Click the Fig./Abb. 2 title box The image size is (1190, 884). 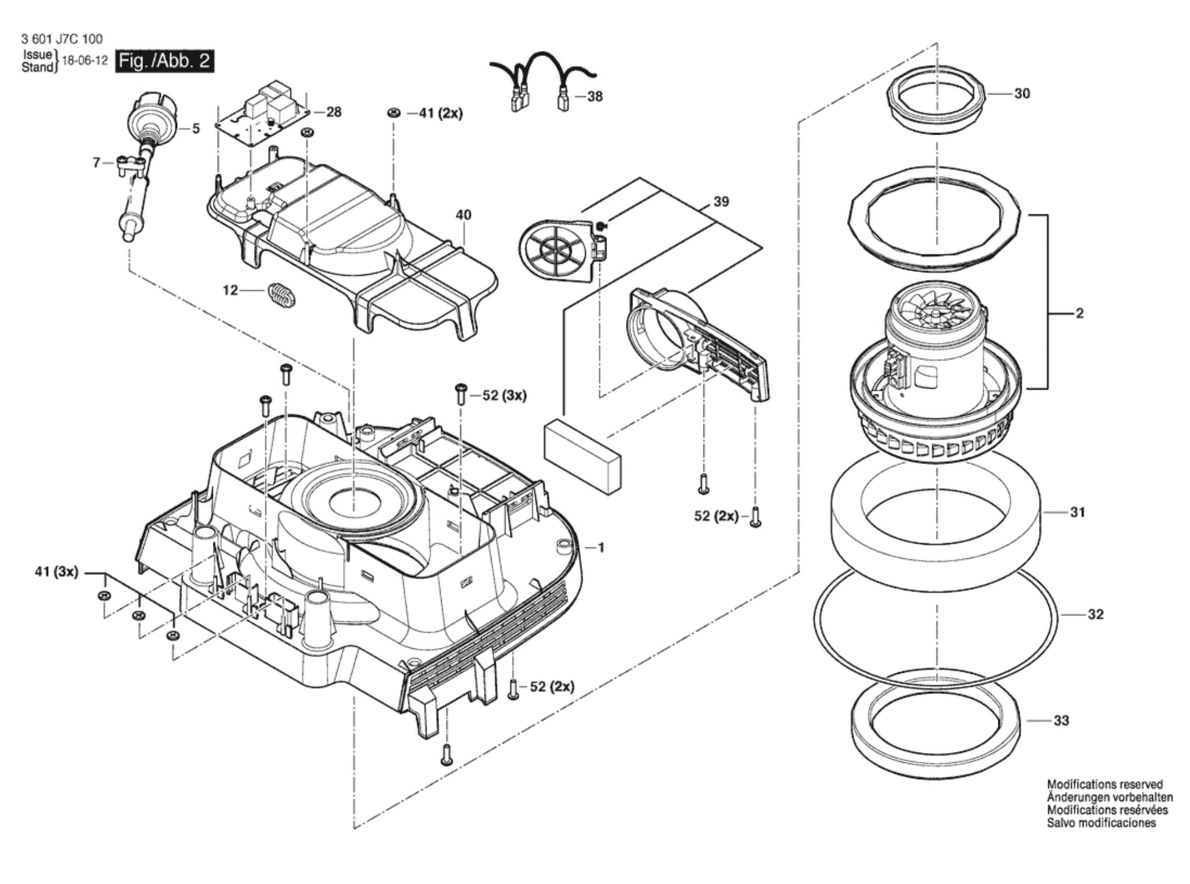[164, 61]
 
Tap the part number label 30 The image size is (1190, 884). [1022, 94]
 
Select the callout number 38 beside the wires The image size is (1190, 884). [595, 97]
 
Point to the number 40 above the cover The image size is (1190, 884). [464, 215]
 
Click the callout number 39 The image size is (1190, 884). [721, 202]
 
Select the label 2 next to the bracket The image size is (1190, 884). [1080, 314]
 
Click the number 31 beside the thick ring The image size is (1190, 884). [1077, 513]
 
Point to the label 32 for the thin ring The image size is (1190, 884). [1096, 614]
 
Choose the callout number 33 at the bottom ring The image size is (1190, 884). [1061, 721]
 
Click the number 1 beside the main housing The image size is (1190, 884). [601, 548]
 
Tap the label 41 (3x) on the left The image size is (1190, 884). [57, 572]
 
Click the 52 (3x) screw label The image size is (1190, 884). [504, 396]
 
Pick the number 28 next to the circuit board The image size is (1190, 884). [334, 112]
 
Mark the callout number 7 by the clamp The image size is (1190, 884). [96, 163]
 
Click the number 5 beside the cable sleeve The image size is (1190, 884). [196, 129]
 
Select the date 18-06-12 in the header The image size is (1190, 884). [85, 61]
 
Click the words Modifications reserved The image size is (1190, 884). [1105, 785]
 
